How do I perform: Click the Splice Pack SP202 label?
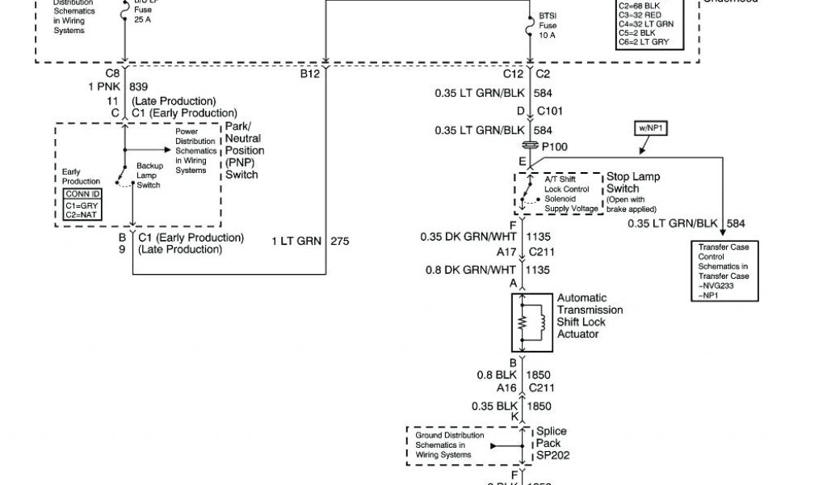click(x=552, y=444)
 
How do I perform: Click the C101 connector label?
click(x=550, y=112)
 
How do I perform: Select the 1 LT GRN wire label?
click(x=296, y=241)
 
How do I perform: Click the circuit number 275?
click(x=340, y=241)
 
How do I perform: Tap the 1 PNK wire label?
click(x=103, y=86)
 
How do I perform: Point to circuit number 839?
click(x=138, y=86)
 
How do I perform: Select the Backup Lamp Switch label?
click(x=149, y=175)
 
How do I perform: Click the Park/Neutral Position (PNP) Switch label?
click(x=244, y=151)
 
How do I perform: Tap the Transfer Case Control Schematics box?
click(x=723, y=271)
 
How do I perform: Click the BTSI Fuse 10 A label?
click(x=548, y=25)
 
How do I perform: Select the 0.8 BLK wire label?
click(x=496, y=375)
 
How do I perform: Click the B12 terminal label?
click(x=310, y=74)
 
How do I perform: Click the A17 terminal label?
click(x=506, y=252)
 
